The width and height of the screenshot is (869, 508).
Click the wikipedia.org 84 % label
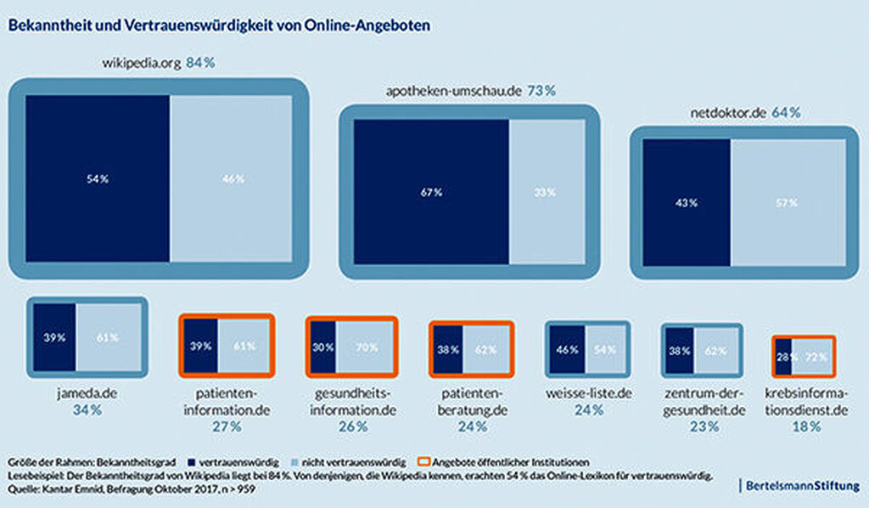154,62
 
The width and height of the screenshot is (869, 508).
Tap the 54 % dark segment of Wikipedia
98,178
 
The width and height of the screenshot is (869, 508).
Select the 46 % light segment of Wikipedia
232,178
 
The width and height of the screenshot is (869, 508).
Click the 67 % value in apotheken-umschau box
431,192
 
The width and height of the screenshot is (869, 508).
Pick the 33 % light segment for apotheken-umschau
547,192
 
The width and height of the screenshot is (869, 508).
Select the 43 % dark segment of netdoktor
687,203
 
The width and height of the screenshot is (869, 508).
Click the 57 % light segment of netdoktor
788,203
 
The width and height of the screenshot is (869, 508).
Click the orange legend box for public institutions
425,461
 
